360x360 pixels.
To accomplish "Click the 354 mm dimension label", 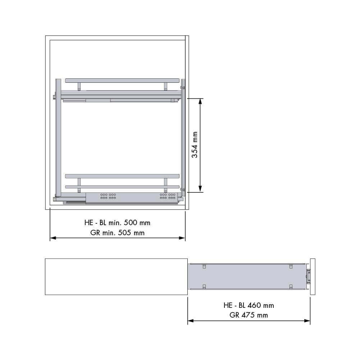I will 195,145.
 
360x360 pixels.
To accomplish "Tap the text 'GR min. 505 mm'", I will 118,233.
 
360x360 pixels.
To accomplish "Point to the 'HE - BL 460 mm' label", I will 249,305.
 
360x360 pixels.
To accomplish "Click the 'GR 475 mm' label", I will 249,315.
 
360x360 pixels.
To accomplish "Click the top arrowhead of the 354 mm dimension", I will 200,101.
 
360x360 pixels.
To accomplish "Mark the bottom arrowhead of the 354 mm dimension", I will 200,190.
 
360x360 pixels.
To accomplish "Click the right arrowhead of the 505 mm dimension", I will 182,238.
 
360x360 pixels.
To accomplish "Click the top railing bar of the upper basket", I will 122,79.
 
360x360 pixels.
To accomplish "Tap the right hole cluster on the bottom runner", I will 168,196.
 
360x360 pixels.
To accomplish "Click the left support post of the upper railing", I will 79,86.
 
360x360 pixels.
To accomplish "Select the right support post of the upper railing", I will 165,86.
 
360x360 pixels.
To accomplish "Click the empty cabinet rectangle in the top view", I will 116,277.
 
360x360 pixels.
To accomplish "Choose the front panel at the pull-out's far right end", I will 313,277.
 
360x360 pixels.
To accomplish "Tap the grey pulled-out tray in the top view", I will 248,277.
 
